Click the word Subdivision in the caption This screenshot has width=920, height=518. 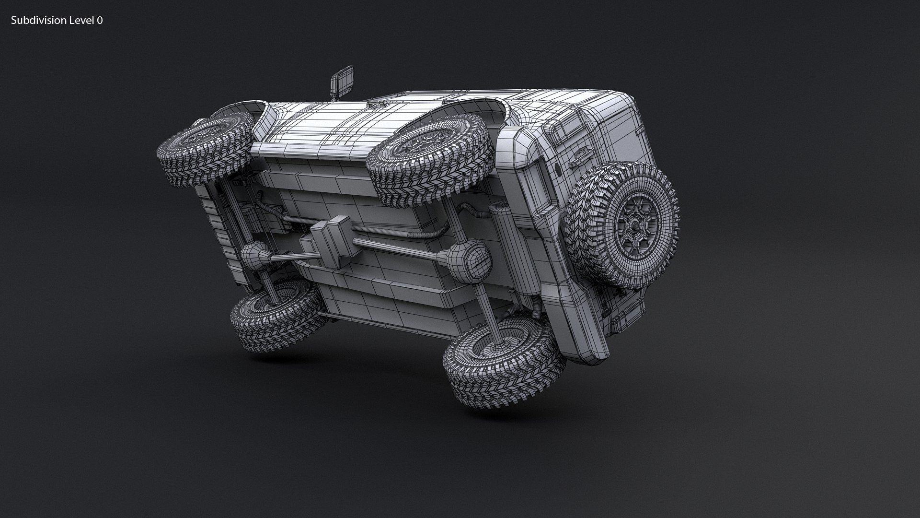[38, 20]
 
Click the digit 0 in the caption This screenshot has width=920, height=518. [100, 20]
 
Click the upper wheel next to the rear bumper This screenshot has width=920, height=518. [431, 158]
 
